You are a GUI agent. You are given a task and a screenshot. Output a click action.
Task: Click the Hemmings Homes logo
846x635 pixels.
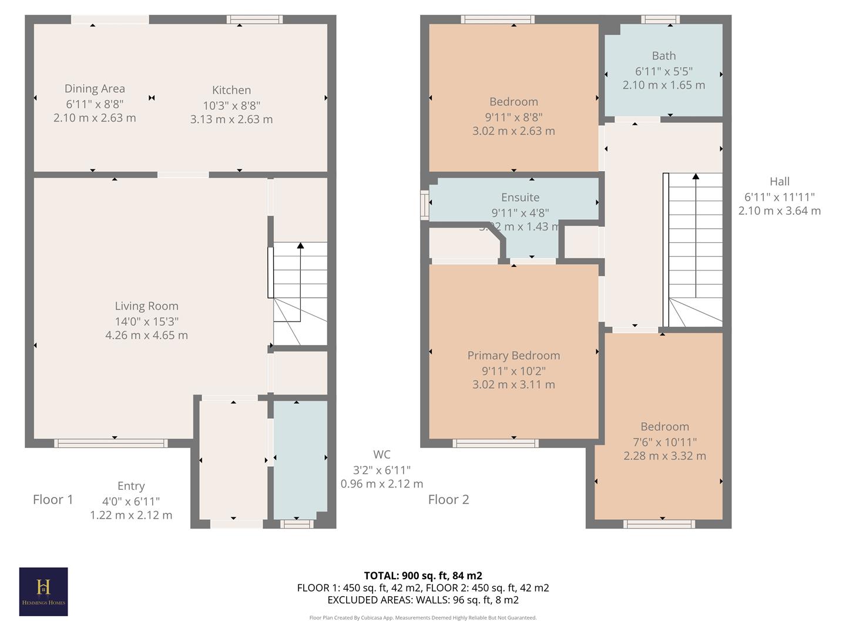point(43,591)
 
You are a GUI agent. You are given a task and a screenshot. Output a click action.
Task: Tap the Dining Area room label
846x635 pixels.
point(95,89)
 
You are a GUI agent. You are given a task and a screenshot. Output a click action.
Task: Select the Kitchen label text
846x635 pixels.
point(231,90)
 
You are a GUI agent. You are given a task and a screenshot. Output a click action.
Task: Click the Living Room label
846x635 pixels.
point(146,306)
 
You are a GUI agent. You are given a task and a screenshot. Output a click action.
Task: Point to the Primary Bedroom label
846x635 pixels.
point(513,355)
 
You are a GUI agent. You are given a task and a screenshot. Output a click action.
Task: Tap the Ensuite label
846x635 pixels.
point(520,198)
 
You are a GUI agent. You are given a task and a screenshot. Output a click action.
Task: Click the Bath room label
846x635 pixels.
point(664,56)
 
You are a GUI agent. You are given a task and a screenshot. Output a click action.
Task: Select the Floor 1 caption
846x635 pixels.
point(53,500)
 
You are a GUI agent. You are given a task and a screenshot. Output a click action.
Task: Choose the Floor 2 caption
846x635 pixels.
point(448,500)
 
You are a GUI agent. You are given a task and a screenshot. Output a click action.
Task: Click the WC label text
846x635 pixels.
point(382,454)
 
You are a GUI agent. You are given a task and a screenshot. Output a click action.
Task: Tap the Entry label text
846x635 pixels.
point(131,486)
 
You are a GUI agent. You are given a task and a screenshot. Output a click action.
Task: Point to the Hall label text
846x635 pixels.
point(780,182)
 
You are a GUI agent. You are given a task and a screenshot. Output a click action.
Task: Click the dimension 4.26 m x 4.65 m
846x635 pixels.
point(146,335)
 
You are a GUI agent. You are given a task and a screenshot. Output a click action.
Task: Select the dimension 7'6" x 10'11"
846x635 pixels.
point(664,442)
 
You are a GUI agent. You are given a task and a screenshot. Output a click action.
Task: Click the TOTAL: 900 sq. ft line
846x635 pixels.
point(423,576)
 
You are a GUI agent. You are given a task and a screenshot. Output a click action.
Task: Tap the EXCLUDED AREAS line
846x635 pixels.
point(423,600)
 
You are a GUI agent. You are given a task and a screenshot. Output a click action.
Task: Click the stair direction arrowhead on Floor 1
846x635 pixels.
point(300,245)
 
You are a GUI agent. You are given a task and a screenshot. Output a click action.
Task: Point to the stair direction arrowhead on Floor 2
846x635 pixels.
point(696,176)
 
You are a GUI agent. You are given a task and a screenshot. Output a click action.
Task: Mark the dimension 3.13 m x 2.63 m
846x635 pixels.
point(231,119)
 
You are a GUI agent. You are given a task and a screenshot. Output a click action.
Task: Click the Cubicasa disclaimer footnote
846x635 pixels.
point(423,618)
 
